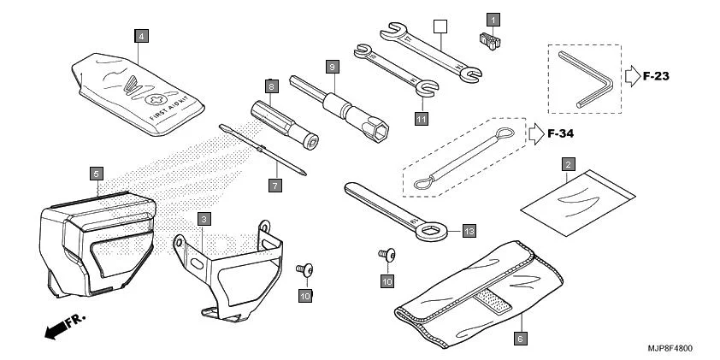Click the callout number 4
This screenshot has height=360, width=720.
141,36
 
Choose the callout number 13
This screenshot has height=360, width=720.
468,230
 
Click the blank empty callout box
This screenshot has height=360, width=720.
440,27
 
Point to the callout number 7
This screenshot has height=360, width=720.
275,185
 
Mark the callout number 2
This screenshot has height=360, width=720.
567,162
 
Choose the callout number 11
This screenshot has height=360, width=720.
421,120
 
